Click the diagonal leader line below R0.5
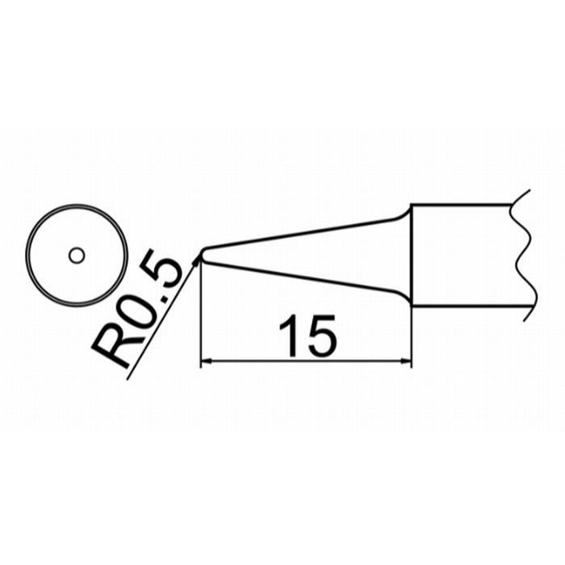pos(162,318)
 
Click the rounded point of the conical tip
pos(202,254)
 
